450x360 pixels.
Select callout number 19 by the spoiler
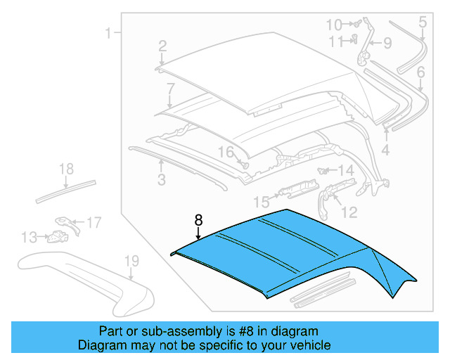point(132,262)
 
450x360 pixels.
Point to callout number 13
point(28,237)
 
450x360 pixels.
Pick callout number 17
point(94,223)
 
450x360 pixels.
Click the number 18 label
point(65,169)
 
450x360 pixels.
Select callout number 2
point(162,46)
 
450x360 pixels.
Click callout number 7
point(169,89)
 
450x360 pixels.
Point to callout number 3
point(161,181)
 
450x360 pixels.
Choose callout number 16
point(225,152)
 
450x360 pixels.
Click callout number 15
point(261,202)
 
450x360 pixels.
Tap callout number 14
point(346,170)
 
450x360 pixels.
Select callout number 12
point(349,211)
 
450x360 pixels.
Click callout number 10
point(333,25)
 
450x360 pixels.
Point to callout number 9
point(386,44)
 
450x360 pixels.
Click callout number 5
point(423,22)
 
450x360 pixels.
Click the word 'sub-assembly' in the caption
point(174,331)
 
